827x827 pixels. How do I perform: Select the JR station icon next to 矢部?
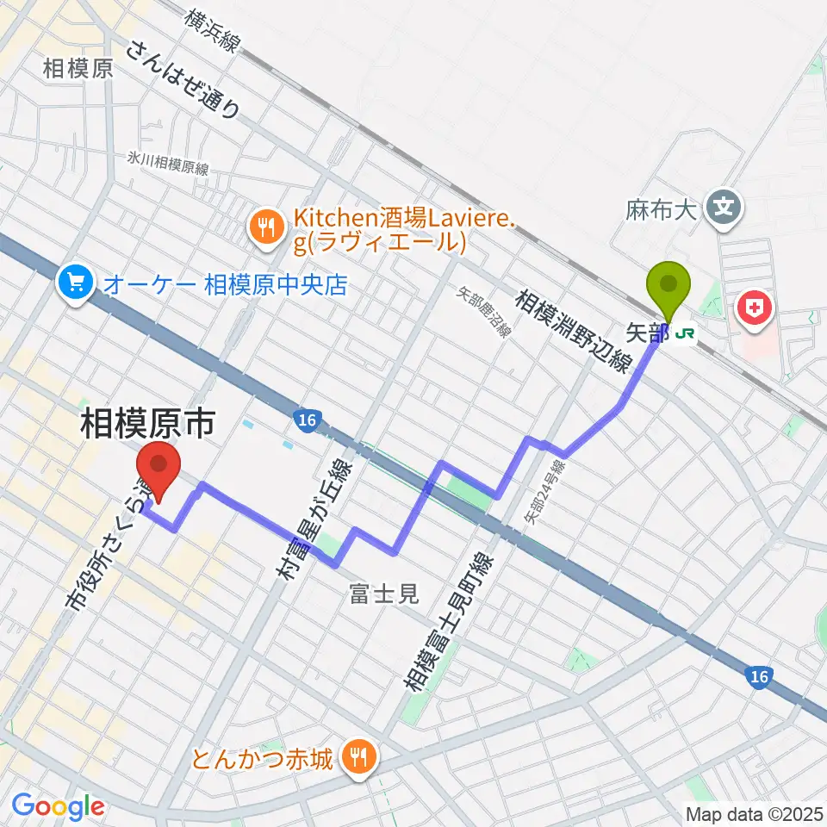pos(687,331)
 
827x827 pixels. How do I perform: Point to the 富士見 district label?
pos(383,593)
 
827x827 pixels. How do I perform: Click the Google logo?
pos(59,806)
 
